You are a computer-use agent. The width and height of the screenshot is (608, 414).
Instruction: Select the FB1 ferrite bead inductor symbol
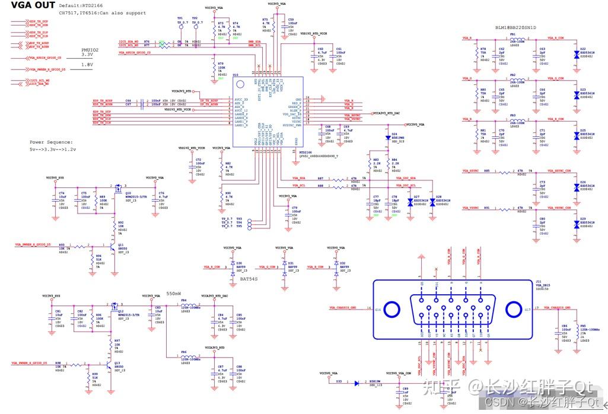pos(517,39)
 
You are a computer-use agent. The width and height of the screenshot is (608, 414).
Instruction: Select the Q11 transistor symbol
pos(110,244)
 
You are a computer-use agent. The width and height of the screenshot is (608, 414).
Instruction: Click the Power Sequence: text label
pos(51,142)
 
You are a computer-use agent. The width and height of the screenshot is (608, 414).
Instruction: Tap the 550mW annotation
pos(173,293)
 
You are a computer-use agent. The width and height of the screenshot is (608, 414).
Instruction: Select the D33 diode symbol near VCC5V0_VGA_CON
pos(357,383)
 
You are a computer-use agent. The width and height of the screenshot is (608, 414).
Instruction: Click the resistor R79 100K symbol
pos(214,71)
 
